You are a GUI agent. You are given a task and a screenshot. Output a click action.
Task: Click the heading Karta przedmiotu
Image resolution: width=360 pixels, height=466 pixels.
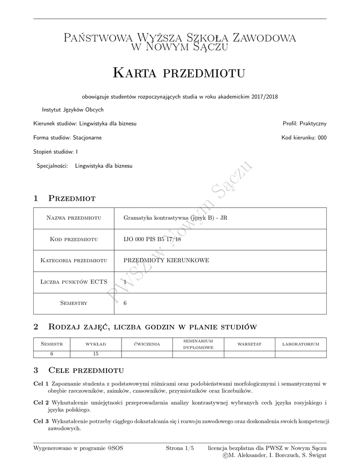click(x=179, y=73)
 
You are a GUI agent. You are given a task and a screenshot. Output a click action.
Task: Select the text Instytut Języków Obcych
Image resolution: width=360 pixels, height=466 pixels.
click(x=73, y=110)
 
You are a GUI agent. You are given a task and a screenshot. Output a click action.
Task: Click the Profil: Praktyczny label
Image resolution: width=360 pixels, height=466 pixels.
click(x=304, y=123)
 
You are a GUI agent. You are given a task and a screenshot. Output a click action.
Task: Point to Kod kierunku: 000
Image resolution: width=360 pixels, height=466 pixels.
click(x=304, y=137)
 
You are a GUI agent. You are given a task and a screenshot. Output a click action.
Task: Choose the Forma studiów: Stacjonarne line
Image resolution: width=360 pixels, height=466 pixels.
click(x=67, y=137)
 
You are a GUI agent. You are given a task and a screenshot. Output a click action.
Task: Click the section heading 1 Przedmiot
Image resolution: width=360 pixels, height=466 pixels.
click(x=64, y=198)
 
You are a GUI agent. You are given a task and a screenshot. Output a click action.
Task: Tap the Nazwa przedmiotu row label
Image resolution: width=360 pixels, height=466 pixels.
click(x=74, y=218)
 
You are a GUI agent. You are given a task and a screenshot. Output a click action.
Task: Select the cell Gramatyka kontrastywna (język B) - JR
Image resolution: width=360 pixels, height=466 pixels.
click(x=175, y=218)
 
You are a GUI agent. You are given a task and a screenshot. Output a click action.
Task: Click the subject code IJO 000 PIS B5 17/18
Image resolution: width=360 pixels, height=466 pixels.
click(x=152, y=239)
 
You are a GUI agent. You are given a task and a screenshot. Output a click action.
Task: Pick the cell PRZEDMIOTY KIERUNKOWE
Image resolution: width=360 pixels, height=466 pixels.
click(x=166, y=260)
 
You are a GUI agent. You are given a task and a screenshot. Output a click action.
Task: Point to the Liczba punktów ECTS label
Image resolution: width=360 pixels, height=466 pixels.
click(x=74, y=282)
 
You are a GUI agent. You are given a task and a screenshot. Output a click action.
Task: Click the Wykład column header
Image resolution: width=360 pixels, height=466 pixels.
click(x=96, y=344)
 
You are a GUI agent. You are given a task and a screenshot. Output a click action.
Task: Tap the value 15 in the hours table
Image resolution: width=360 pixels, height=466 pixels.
click(x=96, y=354)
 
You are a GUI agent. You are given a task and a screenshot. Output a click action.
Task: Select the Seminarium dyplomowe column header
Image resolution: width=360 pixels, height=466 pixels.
click(x=198, y=344)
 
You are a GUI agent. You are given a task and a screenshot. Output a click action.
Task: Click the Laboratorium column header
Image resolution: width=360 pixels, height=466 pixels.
click(x=301, y=344)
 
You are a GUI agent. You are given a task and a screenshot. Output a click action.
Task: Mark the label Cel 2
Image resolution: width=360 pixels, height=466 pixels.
click(x=41, y=403)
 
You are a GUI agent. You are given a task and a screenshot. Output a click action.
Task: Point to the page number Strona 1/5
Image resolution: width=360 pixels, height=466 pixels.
click(x=180, y=448)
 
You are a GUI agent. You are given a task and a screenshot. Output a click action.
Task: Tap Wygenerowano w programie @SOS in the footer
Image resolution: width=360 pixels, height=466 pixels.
click(x=78, y=448)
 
